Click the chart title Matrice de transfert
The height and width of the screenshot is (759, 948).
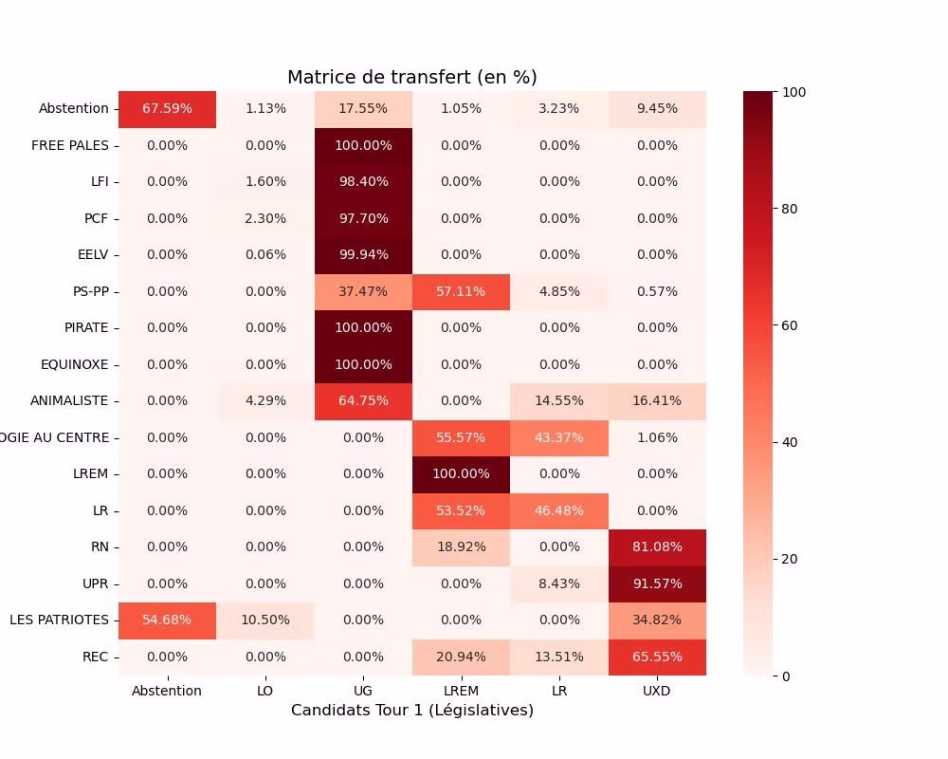pyautogui.click(x=412, y=78)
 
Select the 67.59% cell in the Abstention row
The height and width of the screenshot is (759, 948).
pyautogui.click(x=167, y=109)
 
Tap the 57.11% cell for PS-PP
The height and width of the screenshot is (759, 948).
pyautogui.click(x=461, y=291)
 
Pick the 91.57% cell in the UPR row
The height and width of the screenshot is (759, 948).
pyautogui.click(x=657, y=583)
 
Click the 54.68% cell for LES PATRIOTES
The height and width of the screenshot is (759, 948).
pyautogui.click(x=167, y=620)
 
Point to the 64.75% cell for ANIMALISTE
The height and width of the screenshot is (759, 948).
pyautogui.click(x=363, y=401)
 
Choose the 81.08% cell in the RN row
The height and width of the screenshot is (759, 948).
pyautogui.click(x=657, y=547)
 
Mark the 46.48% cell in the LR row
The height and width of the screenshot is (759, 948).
pyautogui.click(x=559, y=510)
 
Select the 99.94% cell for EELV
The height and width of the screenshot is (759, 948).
pyautogui.click(x=363, y=255)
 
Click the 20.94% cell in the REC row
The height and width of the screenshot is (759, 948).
pyautogui.click(x=461, y=657)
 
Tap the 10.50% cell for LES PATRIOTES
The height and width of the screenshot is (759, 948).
pyautogui.click(x=265, y=620)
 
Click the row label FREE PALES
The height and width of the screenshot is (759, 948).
pyautogui.click(x=70, y=146)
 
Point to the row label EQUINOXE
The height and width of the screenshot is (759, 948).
pyautogui.click(x=75, y=364)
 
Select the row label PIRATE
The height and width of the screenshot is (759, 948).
pyautogui.click(x=86, y=328)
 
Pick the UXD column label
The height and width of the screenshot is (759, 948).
pyautogui.click(x=657, y=691)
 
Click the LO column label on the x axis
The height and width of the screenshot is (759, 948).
pyautogui.click(x=265, y=691)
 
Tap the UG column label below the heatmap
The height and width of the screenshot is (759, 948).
pyautogui.click(x=363, y=691)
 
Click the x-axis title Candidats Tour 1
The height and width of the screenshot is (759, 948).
pyautogui.click(x=412, y=711)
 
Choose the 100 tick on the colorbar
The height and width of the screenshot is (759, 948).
pyautogui.click(x=795, y=92)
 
